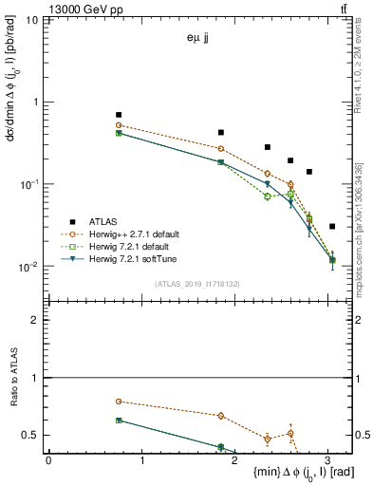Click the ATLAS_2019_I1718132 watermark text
[x=198, y=283]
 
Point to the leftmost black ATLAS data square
[x=119, y=115]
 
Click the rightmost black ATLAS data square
[x=331, y=227]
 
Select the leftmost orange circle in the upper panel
[x=119, y=125]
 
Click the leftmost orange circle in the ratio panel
[x=119, y=402]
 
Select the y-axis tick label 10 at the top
[x=32, y=20]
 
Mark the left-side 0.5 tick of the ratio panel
[x=33, y=435]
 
